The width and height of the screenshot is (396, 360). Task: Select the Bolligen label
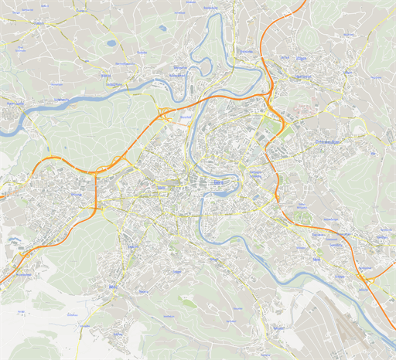tap(347, 73)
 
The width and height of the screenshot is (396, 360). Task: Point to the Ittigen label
tap(302, 58)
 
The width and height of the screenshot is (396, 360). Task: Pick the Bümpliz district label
tap(76, 195)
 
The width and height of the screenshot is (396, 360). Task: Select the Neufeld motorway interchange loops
tap(165, 117)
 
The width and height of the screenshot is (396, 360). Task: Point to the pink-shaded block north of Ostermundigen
tap(309, 113)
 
